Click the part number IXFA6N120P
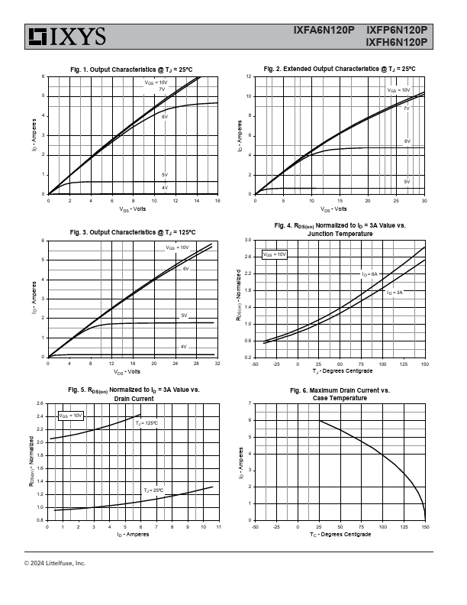[324, 31]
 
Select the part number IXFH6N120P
[396, 43]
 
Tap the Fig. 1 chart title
[131, 70]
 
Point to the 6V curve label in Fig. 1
[164, 117]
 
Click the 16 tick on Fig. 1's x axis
[218, 200]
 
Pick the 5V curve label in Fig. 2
[407, 182]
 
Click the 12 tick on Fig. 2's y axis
[249, 77]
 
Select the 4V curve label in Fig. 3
[183, 347]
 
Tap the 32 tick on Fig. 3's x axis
[218, 364]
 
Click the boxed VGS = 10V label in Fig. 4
[275, 254]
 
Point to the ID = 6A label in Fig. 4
[370, 273]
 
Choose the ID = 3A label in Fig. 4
[394, 293]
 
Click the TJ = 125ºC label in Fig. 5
[147, 422]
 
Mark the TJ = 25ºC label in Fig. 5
[154, 490]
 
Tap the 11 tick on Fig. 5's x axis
[218, 527]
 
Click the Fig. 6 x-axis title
[340, 534]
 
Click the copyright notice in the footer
[55, 563]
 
